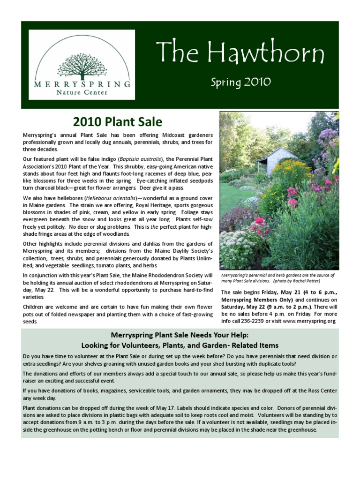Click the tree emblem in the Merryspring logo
[82, 65]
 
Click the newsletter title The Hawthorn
[240, 53]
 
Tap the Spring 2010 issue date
[240, 82]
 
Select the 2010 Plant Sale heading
[118, 122]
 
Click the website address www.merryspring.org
[309, 322]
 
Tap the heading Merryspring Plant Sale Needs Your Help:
[180, 335]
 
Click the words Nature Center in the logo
[82, 92]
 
